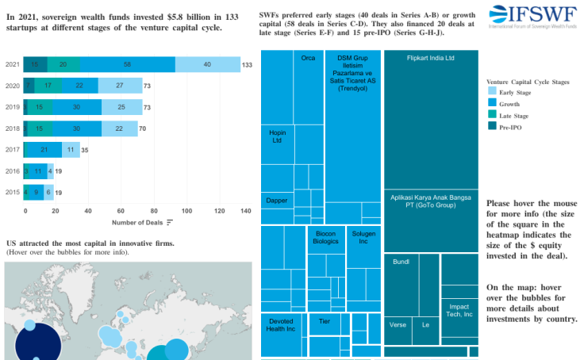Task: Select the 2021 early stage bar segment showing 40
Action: (x=207, y=64)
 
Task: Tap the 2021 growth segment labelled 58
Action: (x=128, y=64)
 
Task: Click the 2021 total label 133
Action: (x=247, y=64)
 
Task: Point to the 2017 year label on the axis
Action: (x=13, y=150)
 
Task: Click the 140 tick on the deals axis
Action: (x=245, y=210)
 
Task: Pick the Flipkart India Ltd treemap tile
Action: (x=430, y=119)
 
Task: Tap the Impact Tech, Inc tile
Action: (x=459, y=311)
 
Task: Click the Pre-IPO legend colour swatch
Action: (x=492, y=127)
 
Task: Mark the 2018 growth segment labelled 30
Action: (x=76, y=128)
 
